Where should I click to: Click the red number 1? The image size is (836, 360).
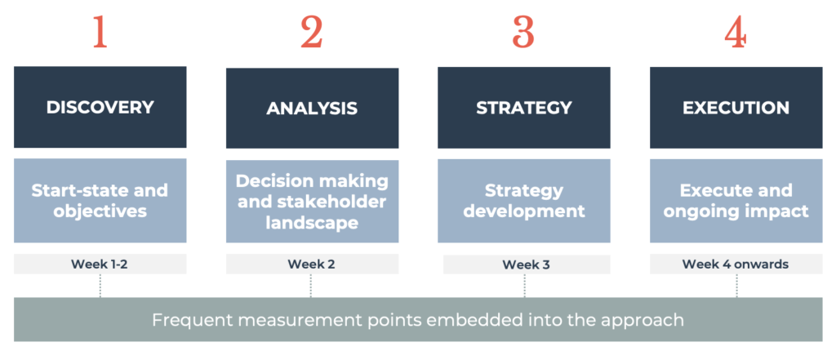[x=100, y=32]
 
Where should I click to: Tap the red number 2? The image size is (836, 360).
[x=312, y=32]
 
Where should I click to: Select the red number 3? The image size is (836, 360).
[x=523, y=32]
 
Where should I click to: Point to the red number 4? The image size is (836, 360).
[x=736, y=32]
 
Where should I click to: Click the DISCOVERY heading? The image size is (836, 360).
[x=100, y=107]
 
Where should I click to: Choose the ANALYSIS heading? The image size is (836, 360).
[x=312, y=109]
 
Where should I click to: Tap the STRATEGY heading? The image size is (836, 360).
[x=523, y=107]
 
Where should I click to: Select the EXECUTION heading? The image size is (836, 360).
[x=736, y=107]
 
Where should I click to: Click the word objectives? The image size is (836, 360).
[x=100, y=211]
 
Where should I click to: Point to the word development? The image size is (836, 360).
[x=523, y=211]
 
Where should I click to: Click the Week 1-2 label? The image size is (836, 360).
[x=100, y=264]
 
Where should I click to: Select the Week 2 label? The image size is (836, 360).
[x=312, y=264]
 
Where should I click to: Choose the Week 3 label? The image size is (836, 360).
[x=526, y=264]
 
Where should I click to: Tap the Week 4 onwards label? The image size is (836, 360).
[x=736, y=264]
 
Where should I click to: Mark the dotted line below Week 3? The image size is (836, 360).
[x=525, y=286]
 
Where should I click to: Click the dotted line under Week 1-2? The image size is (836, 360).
[x=100, y=286]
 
